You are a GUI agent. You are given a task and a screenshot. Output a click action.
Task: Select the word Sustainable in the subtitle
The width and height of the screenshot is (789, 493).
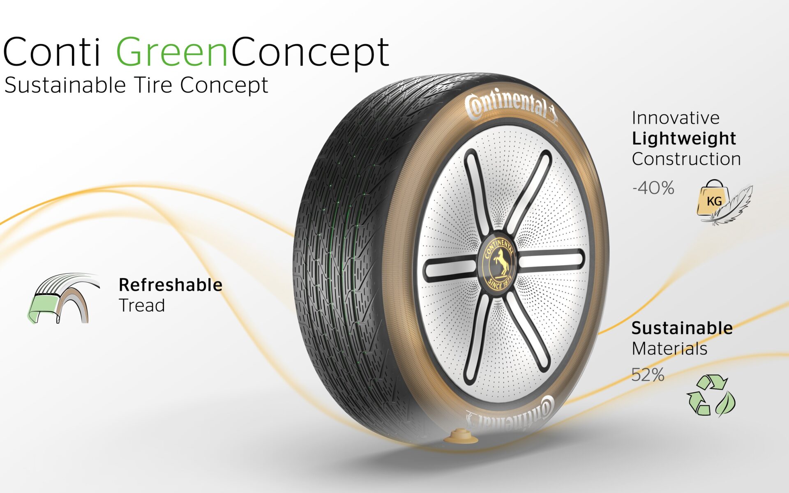(65, 85)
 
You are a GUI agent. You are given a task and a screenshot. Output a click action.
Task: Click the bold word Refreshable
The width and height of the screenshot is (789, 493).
(171, 285)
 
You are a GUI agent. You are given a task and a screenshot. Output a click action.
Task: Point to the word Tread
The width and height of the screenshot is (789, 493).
(142, 305)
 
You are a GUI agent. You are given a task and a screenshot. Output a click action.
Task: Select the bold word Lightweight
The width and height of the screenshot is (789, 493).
(684, 139)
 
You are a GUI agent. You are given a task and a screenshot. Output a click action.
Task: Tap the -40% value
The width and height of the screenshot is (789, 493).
(653, 188)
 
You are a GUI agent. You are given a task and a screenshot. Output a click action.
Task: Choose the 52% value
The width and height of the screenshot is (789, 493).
(648, 375)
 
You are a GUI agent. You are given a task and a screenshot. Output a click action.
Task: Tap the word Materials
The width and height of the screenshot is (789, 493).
(669, 349)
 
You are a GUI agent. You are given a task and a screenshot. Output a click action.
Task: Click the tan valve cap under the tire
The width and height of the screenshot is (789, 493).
(461, 437)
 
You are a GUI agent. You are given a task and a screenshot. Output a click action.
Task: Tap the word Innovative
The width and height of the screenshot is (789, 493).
(676, 118)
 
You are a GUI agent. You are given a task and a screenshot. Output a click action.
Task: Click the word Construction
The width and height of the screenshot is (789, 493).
(686, 159)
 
